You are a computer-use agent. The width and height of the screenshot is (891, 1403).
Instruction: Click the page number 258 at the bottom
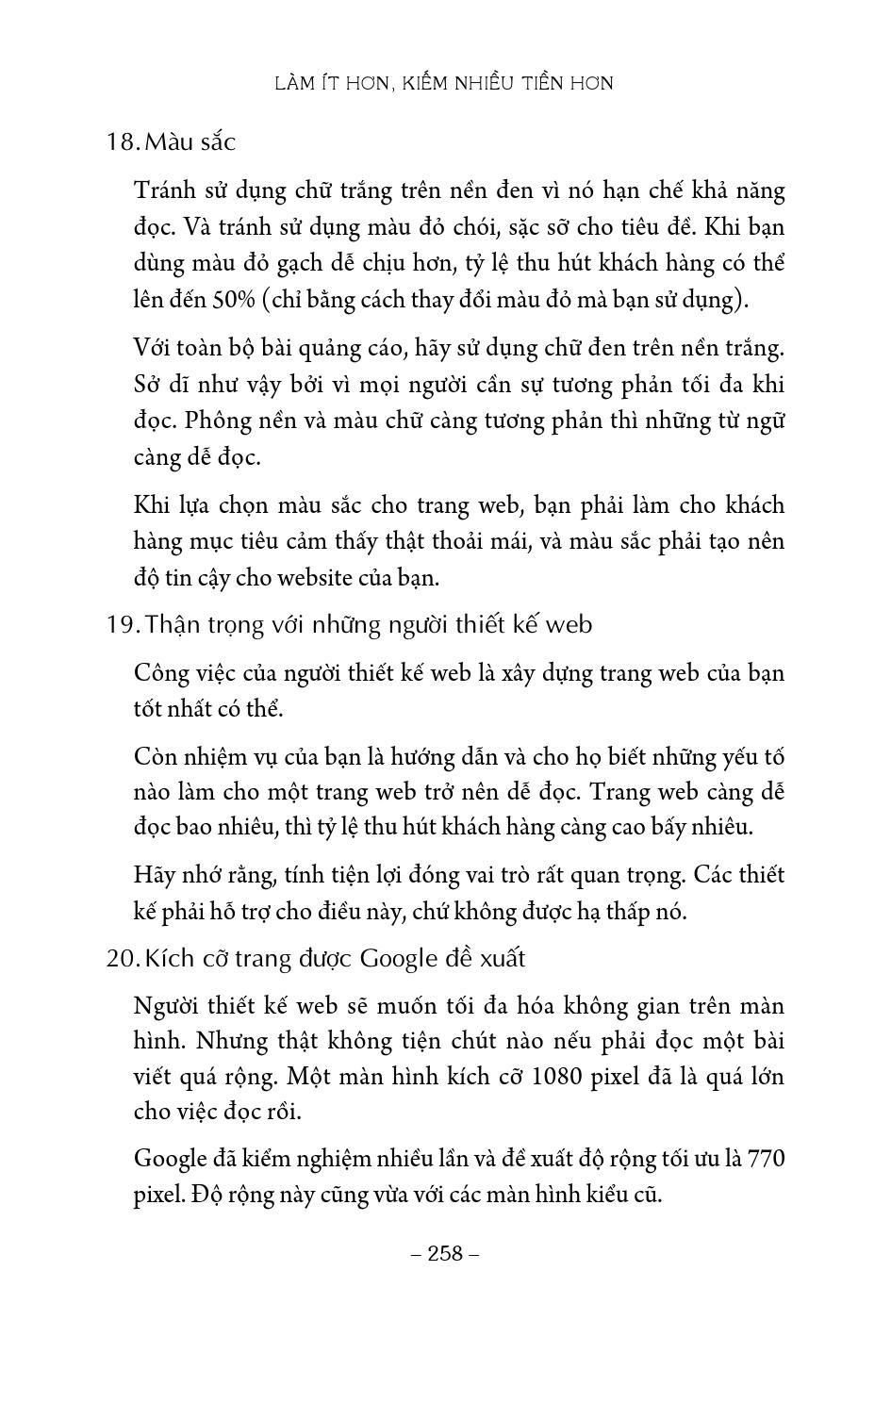click(446, 1253)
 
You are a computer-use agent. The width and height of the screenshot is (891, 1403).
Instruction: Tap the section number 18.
click(122, 142)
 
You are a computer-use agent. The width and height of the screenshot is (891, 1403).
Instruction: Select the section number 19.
click(122, 625)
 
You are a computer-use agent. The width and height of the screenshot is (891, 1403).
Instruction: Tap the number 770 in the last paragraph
click(766, 1160)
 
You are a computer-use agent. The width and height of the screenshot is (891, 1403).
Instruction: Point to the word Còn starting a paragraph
click(157, 757)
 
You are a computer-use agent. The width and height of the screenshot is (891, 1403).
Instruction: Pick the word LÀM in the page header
click(292, 84)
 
